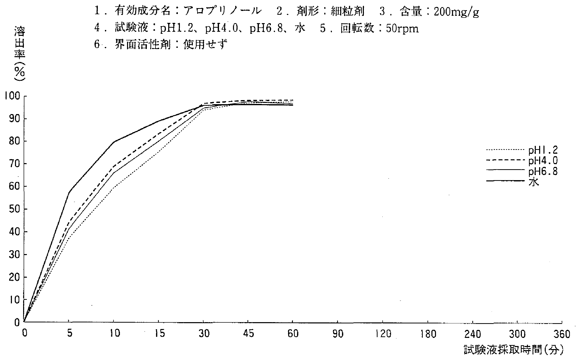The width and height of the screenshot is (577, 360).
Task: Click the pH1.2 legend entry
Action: pos(543,151)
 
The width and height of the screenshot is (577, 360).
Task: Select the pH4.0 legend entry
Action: pos(543,161)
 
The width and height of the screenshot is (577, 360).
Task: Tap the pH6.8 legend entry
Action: pos(543,172)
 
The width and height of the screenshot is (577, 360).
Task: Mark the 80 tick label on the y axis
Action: pos(14,142)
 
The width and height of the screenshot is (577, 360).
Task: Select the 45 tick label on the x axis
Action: pos(248,334)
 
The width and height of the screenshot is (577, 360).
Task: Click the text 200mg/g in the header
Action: pos(456,12)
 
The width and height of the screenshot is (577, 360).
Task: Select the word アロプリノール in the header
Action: pos(222,11)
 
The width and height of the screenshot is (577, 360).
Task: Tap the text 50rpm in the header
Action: pos(402,29)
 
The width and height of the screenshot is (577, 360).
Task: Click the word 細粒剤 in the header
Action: pos(347,12)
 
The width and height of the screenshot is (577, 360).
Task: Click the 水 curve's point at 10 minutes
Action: pos(114,142)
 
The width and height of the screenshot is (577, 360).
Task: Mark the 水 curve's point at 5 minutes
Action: pos(69,192)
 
